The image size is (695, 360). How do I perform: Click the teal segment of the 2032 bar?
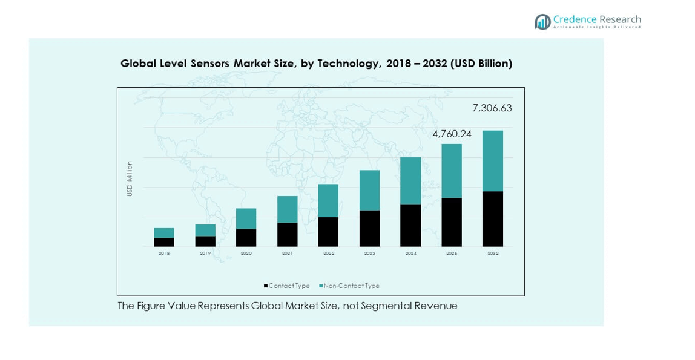492,161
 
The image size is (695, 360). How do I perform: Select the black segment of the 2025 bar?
452,222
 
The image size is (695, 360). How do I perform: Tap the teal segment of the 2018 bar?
164,233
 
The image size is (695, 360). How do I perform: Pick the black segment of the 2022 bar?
328,232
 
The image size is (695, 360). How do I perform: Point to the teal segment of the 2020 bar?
246,218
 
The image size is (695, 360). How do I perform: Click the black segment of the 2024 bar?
410,225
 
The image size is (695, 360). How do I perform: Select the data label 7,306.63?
492,108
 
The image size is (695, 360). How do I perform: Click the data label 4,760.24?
452,134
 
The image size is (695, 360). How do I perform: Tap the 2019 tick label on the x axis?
205,254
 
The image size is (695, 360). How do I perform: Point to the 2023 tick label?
369,254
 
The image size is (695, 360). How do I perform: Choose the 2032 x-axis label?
493,254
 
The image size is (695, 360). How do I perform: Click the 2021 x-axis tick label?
288,254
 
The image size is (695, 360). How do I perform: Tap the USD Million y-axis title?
130,178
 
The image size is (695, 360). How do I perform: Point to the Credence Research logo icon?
542,22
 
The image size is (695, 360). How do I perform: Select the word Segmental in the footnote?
386,306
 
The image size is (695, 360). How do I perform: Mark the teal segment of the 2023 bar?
369,190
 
